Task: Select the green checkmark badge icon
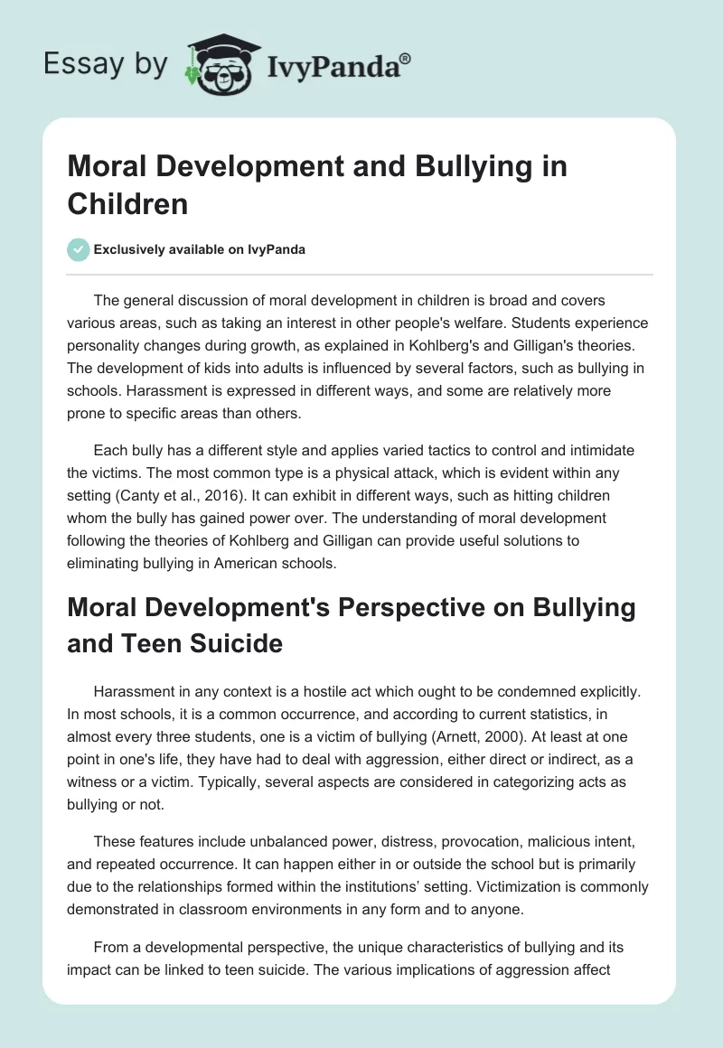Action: click(x=79, y=249)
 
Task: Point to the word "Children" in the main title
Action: click(x=127, y=203)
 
